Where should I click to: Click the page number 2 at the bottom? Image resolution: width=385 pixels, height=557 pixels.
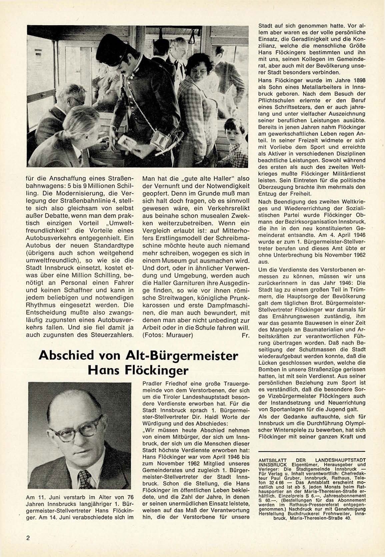28,538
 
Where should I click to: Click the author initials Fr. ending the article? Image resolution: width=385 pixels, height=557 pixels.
245,335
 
